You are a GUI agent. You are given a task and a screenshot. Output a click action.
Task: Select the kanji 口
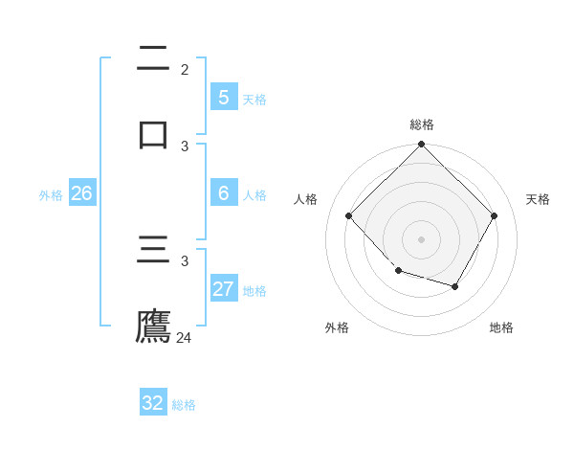tap(153, 133)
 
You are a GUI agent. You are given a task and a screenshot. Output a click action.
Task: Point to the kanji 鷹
tap(153, 326)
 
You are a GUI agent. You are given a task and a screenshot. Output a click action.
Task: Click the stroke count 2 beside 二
tap(185, 70)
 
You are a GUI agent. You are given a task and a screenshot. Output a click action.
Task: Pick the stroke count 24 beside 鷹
tap(184, 337)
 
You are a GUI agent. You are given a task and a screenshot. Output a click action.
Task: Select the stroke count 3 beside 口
tap(185, 146)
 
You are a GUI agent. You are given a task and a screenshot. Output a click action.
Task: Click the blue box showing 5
tap(224, 97)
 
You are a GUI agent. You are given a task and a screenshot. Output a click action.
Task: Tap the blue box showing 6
tap(224, 193)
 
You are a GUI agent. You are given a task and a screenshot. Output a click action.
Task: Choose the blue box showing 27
tap(224, 289)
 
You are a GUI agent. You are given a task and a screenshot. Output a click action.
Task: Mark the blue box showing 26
tap(81, 193)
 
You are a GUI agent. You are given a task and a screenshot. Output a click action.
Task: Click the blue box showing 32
tap(153, 403)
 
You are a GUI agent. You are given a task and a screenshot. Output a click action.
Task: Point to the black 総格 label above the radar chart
tap(422, 124)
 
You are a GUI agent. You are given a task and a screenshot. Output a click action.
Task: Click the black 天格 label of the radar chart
tap(538, 199)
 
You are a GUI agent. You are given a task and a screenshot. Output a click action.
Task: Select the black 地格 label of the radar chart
tap(501, 327)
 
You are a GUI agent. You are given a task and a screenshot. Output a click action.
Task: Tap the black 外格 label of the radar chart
tap(337, 327)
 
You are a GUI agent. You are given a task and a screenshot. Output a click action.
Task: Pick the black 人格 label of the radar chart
tap(306, 199)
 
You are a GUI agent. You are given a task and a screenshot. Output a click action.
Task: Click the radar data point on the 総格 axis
tap(422, 146)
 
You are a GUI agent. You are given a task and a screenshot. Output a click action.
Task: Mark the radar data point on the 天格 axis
tap(495, 216)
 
